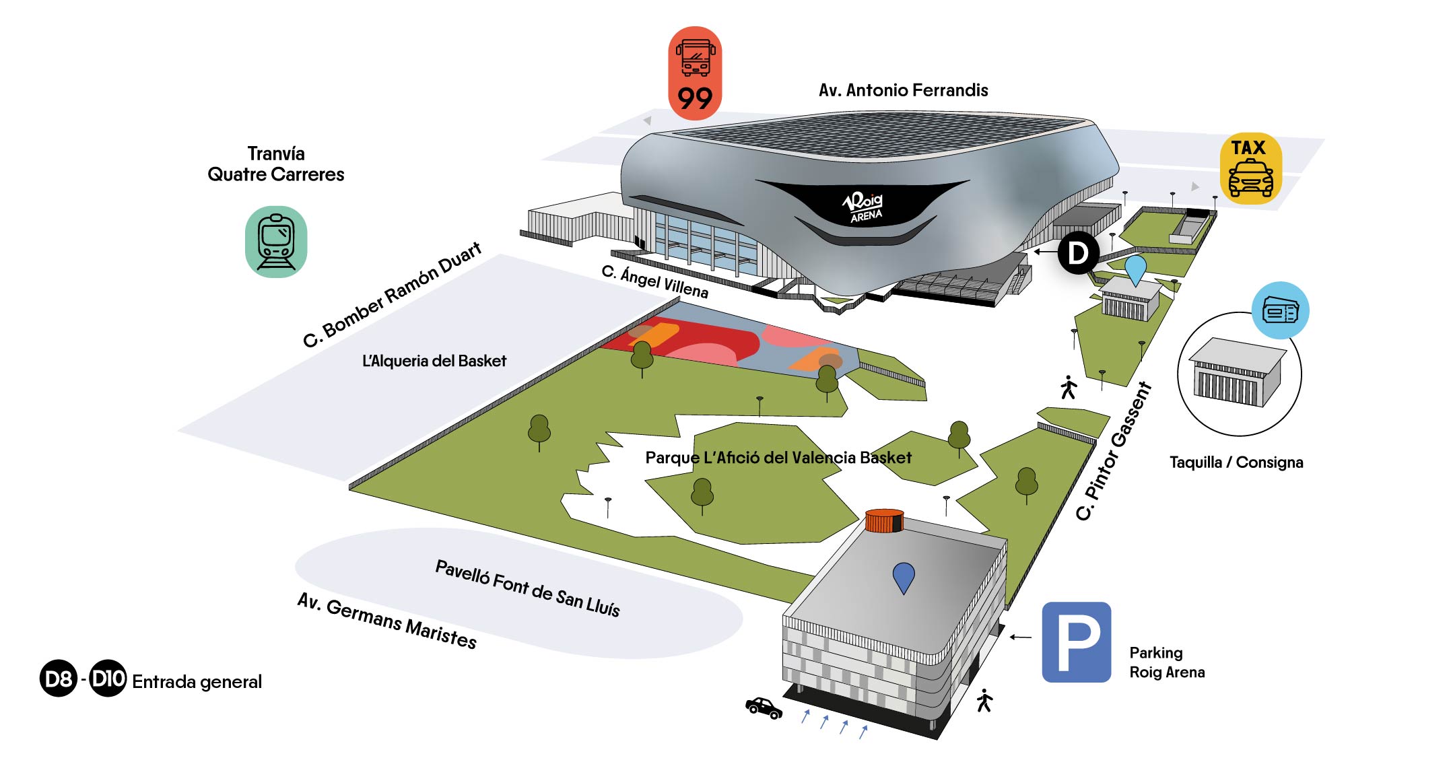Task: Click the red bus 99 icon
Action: [695, 73]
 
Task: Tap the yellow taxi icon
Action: [1250, 168]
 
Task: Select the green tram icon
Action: [276, 242]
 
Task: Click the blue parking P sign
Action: [1076, 642]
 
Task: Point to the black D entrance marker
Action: [1078, 252]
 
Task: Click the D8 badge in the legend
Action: [59, 679]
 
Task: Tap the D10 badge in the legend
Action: [108, 678]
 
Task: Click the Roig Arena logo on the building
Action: [864, 207]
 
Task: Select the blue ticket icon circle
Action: [1280, 311]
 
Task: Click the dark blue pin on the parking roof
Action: [903, 578]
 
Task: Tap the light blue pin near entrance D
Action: [1135, 269]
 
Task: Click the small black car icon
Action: [764, 707]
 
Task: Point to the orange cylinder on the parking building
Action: [884, 520]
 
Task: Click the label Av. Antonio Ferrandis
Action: [903, 90]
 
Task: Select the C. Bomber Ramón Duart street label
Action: [393, 294]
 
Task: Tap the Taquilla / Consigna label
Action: [1236, 462]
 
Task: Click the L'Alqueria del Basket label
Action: [434, 361]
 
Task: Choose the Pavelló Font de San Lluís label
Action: [527, 588]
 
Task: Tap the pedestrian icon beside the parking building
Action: [984, 701]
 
